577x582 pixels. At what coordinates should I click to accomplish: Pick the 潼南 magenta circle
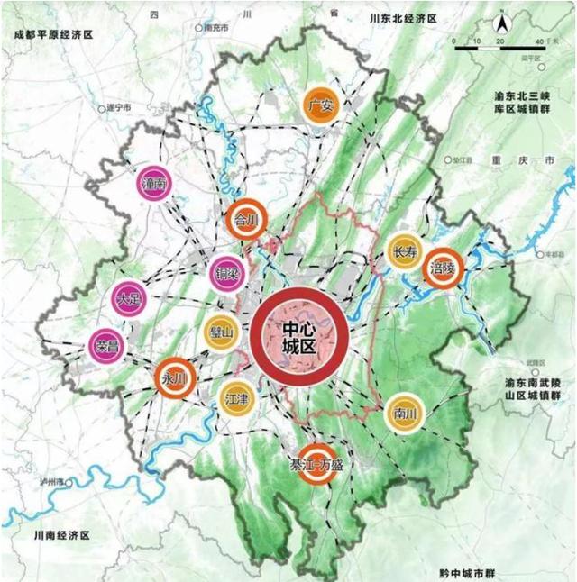(x=155, y=184)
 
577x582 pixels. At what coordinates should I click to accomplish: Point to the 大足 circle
(x=129, y=300)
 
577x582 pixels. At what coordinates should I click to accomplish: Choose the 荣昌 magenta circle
(x=106, y=345)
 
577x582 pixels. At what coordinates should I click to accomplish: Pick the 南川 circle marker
(x=402, y=414)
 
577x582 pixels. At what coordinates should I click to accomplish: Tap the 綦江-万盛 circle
(x=316, y=466)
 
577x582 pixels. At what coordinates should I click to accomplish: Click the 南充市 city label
(x=215, y=28)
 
